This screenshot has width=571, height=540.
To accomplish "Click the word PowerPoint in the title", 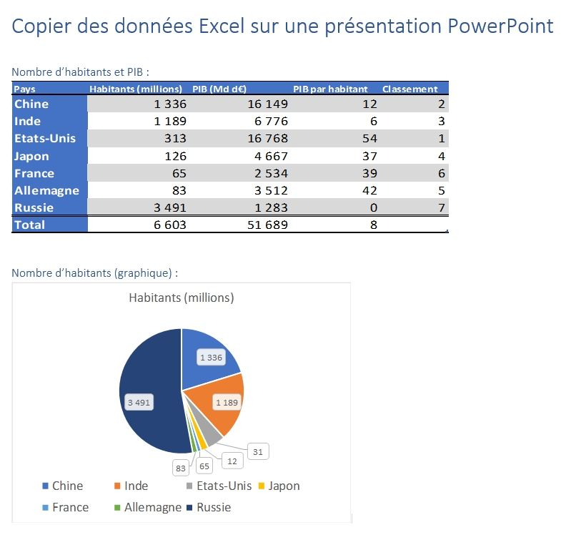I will pyautogui.click(x=500, y=26).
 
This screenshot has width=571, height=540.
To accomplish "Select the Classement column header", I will pyautogui.click(x=409, y=89).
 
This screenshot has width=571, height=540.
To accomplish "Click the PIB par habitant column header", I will pyautogui.click(x=330, y=89).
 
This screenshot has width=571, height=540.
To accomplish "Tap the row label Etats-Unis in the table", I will pyautogui.click(x=45, y=138).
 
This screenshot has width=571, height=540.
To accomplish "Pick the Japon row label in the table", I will pyautogui.click(x=32, y=156).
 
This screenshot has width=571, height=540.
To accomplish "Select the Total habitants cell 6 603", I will pyautogui.click(x=170, y=225).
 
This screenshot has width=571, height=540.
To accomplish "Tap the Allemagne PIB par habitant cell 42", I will pyautogui.click(x=369, y=190).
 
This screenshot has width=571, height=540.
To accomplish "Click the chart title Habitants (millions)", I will pyautogui.click(x=181, y=298).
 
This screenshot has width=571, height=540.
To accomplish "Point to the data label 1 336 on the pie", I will pyautogui.click(x=211, y=358).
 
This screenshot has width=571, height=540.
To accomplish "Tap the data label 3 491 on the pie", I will pyautogui.click(x=139, y=403).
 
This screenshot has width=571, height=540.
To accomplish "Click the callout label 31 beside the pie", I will pyautogui.click(x=257, y=451).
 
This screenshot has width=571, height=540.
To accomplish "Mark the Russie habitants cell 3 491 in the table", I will pyautogui.click(x=170, y=207).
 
